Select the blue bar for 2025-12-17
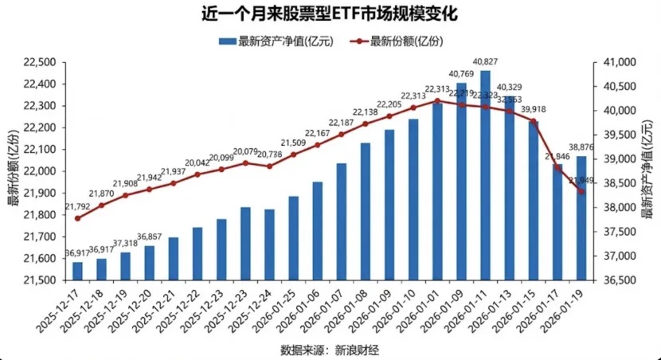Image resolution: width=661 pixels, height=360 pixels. coord(77,271)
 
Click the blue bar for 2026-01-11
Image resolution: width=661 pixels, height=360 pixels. coord(485,175)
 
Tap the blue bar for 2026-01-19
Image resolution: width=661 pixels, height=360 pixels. coord(581,218)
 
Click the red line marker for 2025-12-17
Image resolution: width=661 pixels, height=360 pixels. coord(77,218)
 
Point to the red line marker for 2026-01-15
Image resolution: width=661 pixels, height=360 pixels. coord(533,121)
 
